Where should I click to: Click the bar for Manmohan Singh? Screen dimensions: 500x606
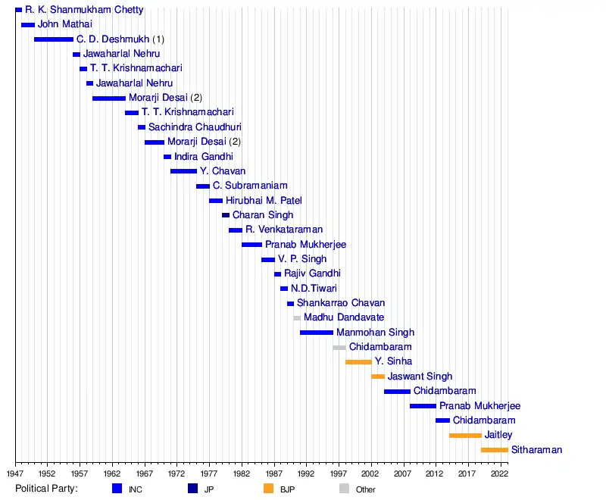316,333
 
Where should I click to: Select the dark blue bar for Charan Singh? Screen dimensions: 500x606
226,215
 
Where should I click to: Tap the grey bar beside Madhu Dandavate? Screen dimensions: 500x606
297,318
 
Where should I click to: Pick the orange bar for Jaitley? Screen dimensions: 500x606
465,436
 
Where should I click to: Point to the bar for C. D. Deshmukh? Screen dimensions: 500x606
54,39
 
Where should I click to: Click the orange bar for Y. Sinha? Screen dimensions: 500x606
358,362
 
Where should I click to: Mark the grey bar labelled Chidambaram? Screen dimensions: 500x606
339,348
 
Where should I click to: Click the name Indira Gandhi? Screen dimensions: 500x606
203,157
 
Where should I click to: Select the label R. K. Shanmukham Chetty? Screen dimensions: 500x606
84,10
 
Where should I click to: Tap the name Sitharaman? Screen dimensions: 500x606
536,450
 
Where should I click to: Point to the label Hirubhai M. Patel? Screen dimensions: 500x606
264,201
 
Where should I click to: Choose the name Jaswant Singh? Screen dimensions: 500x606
420,377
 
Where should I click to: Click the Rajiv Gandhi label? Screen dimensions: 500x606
312,273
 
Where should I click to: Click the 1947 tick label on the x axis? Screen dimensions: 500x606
15,473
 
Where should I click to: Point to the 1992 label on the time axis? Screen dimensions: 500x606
306,473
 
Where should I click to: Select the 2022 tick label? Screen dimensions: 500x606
500,473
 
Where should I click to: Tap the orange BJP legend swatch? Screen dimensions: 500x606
268,489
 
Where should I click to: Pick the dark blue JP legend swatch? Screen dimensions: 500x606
192,489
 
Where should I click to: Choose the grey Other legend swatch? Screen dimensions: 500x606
344,489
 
